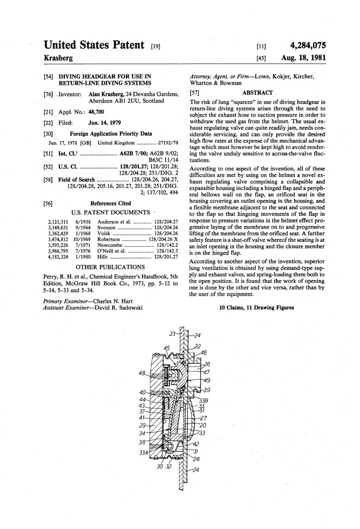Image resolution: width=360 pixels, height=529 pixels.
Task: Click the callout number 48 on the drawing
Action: click(x=141, y=373)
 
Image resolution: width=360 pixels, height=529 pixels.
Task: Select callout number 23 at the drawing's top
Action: click(x=172, y=333)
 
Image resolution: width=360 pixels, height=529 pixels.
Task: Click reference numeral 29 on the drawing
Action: click(x=143, y=426)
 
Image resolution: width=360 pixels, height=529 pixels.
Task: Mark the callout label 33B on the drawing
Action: click(x=204, y=400)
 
